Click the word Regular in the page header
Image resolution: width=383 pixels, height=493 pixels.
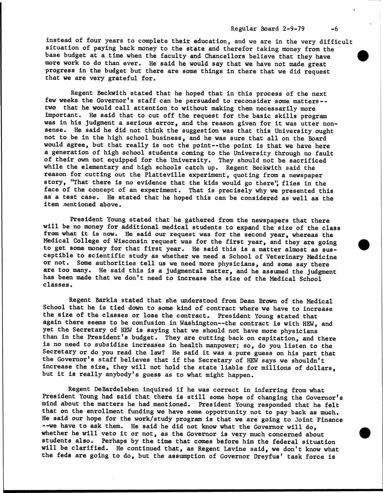point(242,29)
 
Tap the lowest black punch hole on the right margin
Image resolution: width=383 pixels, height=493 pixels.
point(364,433)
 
